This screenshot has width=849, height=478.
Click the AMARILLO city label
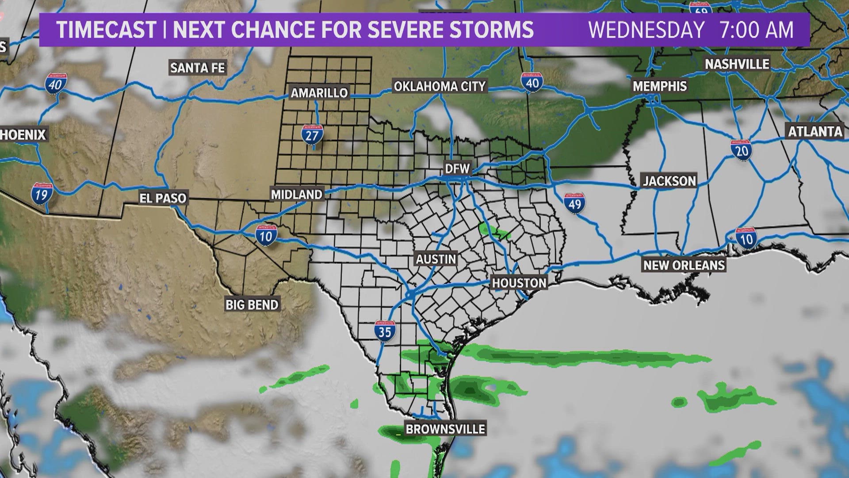pyautogui.click(x=319, y=93)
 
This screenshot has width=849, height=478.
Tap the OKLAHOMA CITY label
pyautogui.click(x=440, y=86)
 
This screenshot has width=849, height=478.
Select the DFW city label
pyautogui.click(x=457, y=169)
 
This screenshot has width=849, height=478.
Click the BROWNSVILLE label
pyautogui.click(x=445, y=429)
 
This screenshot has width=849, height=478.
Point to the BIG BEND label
pyautogui.click(x=252, y=305)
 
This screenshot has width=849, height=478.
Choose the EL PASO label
pyautogui.click(x=163, y=198)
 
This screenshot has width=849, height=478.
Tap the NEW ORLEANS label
pyautogui.click(x=684, y=266)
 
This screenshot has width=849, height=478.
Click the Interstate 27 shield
pyautogui.click(x=312, y=134)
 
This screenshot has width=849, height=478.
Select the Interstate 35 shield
pyautogui.click(x=385, y=330)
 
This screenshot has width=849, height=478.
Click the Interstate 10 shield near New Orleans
pyautogui.click(x=746, y=238)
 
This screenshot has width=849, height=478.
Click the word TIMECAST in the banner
pyautogui.click(x=106, y=30)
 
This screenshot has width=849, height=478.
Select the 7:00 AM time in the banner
pyautogui.click(x=757, y=30)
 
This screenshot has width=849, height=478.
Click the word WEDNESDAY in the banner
pyautogui.click(x=646, y=30)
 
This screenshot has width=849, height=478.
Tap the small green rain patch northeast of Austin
pyautogui.click(x=488, y=229)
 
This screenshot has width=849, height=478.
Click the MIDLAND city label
pyautogui.click(x=297, y=194)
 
